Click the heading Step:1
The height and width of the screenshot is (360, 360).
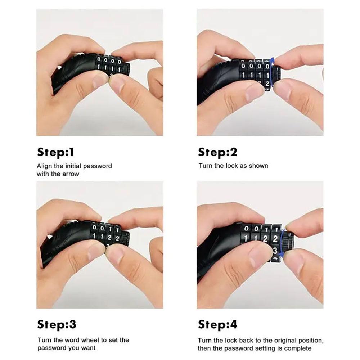coord(55,152)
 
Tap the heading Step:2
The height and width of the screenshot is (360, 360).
coord(217,152)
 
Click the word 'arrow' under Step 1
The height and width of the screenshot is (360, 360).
coord(71,174)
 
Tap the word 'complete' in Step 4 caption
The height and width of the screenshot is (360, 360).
coord(298,348)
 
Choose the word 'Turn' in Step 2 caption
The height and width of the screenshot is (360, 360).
coord(205,166)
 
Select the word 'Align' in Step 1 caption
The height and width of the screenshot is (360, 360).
coord(44,166)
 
